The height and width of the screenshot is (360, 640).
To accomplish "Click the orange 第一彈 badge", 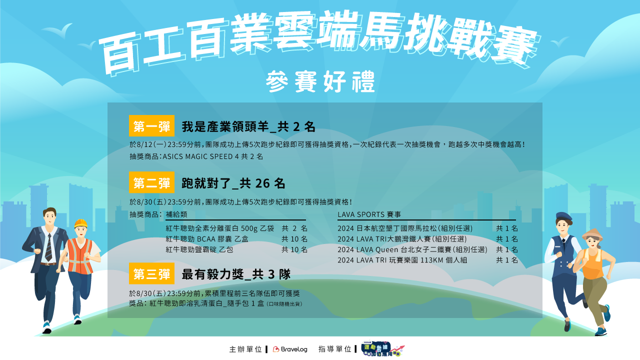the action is (x=151, y=125).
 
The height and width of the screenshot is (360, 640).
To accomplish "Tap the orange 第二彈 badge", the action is (x=151, y=182).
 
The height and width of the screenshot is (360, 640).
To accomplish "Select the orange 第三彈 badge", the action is (x=151, y=273).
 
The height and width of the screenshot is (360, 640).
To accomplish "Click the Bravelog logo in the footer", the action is (x=290, y=349).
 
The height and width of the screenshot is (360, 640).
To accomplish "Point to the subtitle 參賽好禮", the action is (x=320, y=81).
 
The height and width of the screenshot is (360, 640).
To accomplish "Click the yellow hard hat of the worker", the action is (x=81, y=223).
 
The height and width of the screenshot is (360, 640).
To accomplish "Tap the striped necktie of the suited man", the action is (x=49, y=247).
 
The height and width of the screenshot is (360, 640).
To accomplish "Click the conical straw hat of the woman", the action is (x=592, y=233).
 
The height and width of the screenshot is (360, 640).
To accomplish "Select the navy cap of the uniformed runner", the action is (x=563, y=216).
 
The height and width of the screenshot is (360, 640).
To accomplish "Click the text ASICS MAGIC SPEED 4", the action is (x=200, y=156).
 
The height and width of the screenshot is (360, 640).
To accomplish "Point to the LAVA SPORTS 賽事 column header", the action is (x=369, y=214).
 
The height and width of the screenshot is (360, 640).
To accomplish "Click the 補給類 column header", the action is (x=176, y=214).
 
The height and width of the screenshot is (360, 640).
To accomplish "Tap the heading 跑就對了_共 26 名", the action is (x=233, y=183).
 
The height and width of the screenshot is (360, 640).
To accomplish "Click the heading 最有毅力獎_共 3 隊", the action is (x=236, y=274).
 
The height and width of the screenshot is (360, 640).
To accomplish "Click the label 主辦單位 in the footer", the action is (x=245, y=349).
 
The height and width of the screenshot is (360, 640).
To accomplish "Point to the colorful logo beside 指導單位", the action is (x=383, y=348).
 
